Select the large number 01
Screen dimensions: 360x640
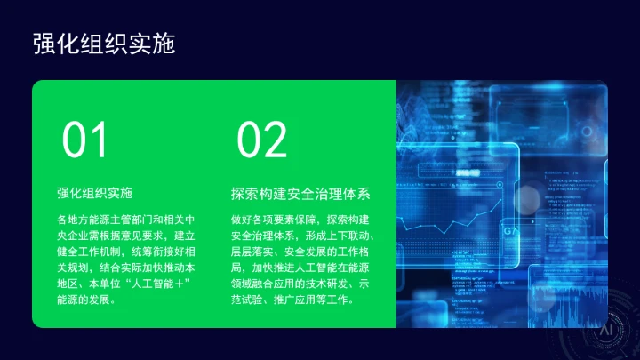[85, 141]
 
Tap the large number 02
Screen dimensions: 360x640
[262, 141]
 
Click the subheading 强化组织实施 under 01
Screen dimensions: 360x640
[94, 192]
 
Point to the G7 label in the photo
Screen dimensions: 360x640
[510, 232]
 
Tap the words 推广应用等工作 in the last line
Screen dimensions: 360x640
[316, 300]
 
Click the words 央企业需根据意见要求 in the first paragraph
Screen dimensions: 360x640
[115, 236]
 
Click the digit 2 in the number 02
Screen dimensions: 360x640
[276, 141]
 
